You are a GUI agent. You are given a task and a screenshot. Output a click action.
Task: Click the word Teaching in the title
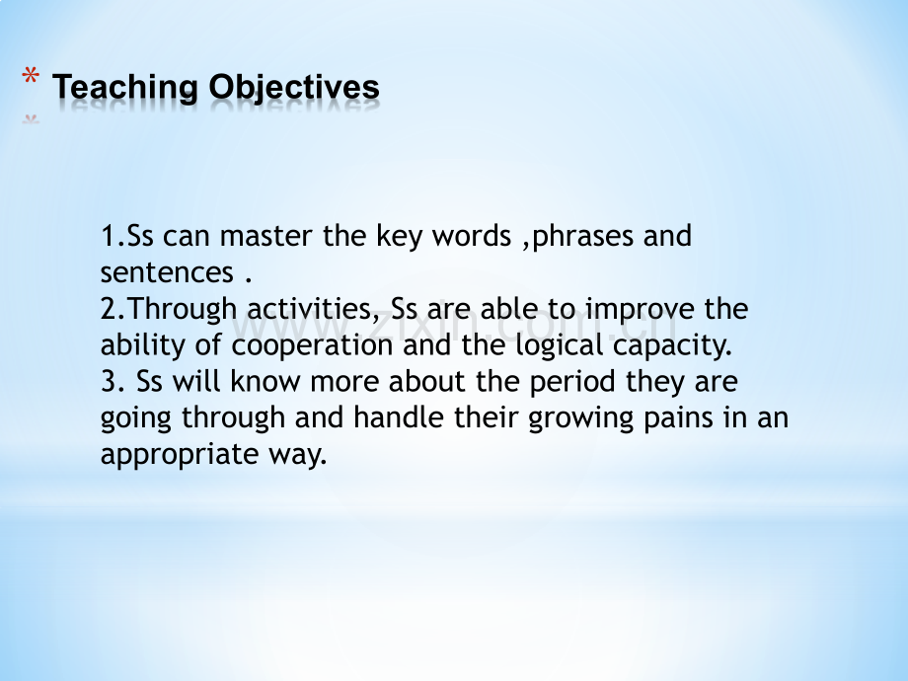pyautogui.click(x=125, y=88)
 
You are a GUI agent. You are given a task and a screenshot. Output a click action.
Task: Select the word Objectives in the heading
pyautogui.click(x=294, y=88)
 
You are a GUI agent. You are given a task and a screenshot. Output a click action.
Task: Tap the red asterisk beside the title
pyautogui.click(x=31, y=77)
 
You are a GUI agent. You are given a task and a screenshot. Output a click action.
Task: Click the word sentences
pyautogui.click(x=167, y=272)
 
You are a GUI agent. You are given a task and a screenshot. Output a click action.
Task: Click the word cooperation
pyautogui.click(x=312, y=346)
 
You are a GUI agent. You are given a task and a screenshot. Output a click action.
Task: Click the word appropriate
pyautogui.click(x=180, y=455)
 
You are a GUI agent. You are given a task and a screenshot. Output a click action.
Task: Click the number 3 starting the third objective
pyautogui.click(x=108, y=382)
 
